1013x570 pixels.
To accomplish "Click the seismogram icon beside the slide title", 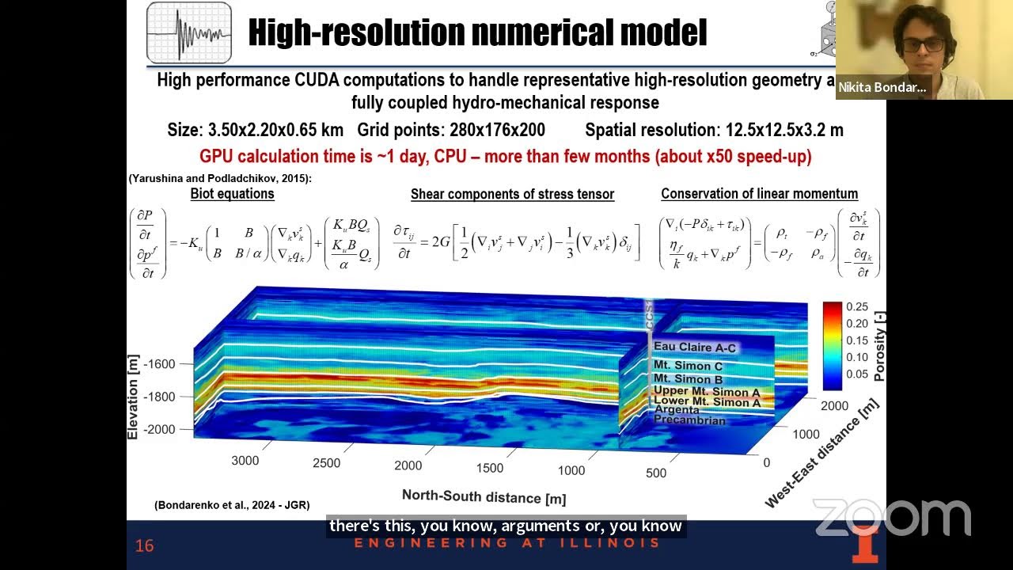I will click(x=189, y=33).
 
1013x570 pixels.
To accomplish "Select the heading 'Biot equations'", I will click(x=232, y=194).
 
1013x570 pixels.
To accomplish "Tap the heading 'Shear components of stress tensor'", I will click(x=512, y=194).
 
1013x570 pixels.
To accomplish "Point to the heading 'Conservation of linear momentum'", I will click(x=759, y=194).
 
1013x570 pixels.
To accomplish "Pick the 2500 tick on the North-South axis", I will click(x=326, y=463).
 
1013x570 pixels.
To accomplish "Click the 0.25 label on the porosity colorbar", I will click(x=856, y=307).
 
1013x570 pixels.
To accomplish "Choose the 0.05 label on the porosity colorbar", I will click(x=856, y=374).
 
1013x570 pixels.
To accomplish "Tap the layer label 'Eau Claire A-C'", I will click(x=694, y=348).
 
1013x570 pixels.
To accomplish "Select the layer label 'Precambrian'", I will click(x=689, y=420).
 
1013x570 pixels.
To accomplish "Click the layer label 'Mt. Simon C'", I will click(x=688, y=366).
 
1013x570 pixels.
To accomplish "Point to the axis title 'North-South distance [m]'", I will click(x=484, y=496).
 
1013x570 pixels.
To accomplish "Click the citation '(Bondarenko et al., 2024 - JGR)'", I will click(x=232, y=505).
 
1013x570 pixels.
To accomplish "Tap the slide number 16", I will click(x=144, y=545).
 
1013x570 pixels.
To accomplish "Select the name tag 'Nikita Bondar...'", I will click(x=882, y=87).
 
